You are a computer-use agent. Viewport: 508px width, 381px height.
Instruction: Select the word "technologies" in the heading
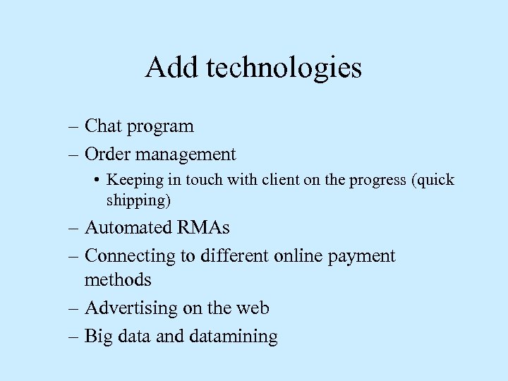pos(284,69)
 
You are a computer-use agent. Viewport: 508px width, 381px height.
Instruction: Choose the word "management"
pos(187,155)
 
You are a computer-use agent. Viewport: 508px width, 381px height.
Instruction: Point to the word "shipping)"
pos(139,200)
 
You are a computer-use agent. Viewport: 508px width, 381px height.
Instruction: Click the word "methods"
pos(118,280)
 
